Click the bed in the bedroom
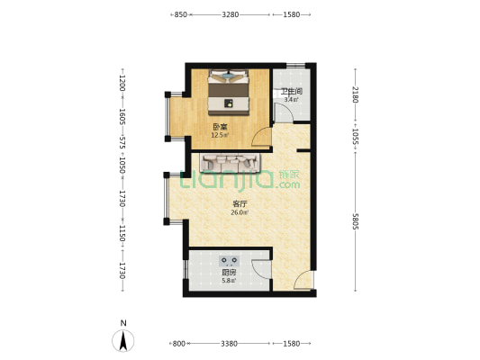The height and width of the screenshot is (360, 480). (x=229, y=92)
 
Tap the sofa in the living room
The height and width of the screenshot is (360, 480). (x=230, y=162)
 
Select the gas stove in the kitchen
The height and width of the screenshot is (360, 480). (x=229, y=261)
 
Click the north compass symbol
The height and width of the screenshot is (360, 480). (x=123, y=340)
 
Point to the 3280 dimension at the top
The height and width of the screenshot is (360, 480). (x=231, y=14)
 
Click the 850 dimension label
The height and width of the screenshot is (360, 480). (x=180, y=14)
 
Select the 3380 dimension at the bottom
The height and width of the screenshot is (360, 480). (x=229, y=344)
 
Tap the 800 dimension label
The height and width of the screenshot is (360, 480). (x=179, y=344)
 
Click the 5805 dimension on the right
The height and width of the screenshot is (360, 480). (x=355, y=221)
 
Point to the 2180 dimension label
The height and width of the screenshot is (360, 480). (x=355, y=94)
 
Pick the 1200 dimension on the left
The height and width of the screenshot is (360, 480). (x=122, y=83)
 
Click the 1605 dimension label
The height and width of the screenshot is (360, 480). (x=122, y=116)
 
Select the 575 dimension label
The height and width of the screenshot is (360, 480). (x=122, y=143)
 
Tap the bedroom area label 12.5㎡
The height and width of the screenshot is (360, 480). (x=220, y=135)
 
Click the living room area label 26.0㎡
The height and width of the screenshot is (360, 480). (x=240, y=212)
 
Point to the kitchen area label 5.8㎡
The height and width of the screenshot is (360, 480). (x=229, y=280)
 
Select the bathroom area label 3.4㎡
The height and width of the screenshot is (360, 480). (x=291, y=99)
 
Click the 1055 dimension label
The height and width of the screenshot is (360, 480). (x=355, y=136)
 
